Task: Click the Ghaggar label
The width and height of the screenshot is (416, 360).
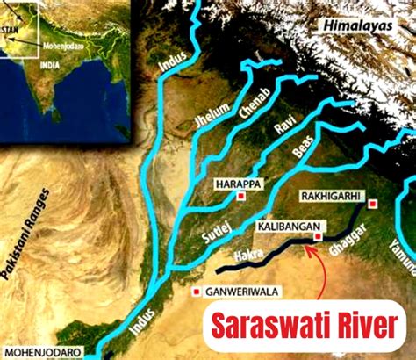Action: [x=346, y=237]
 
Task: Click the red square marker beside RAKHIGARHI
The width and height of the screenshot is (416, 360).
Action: [x=373, y=204]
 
